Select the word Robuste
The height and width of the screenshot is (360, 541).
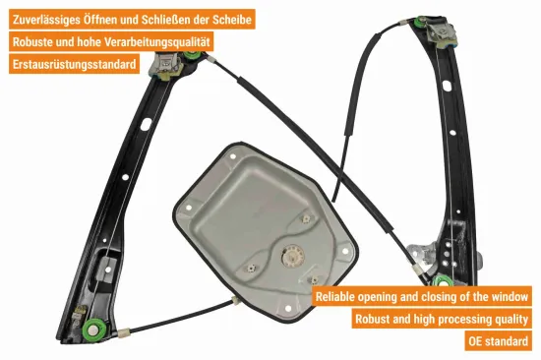coord(36,42)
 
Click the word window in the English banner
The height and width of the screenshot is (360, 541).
coord(510,296)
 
